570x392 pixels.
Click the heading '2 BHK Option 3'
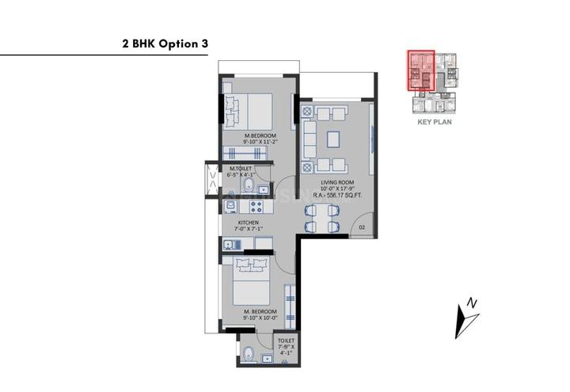tap(165, 44)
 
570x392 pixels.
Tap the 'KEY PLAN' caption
tap(434, 123)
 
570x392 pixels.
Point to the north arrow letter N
tap(472, 303)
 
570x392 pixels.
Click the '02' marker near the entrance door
tap(361, 228)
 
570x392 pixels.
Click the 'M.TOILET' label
tap(241, 169)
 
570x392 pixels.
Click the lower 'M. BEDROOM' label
tap(260, 312)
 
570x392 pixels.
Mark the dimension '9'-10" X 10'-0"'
tap(260, 319)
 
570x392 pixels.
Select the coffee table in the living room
tap(333, 137)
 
